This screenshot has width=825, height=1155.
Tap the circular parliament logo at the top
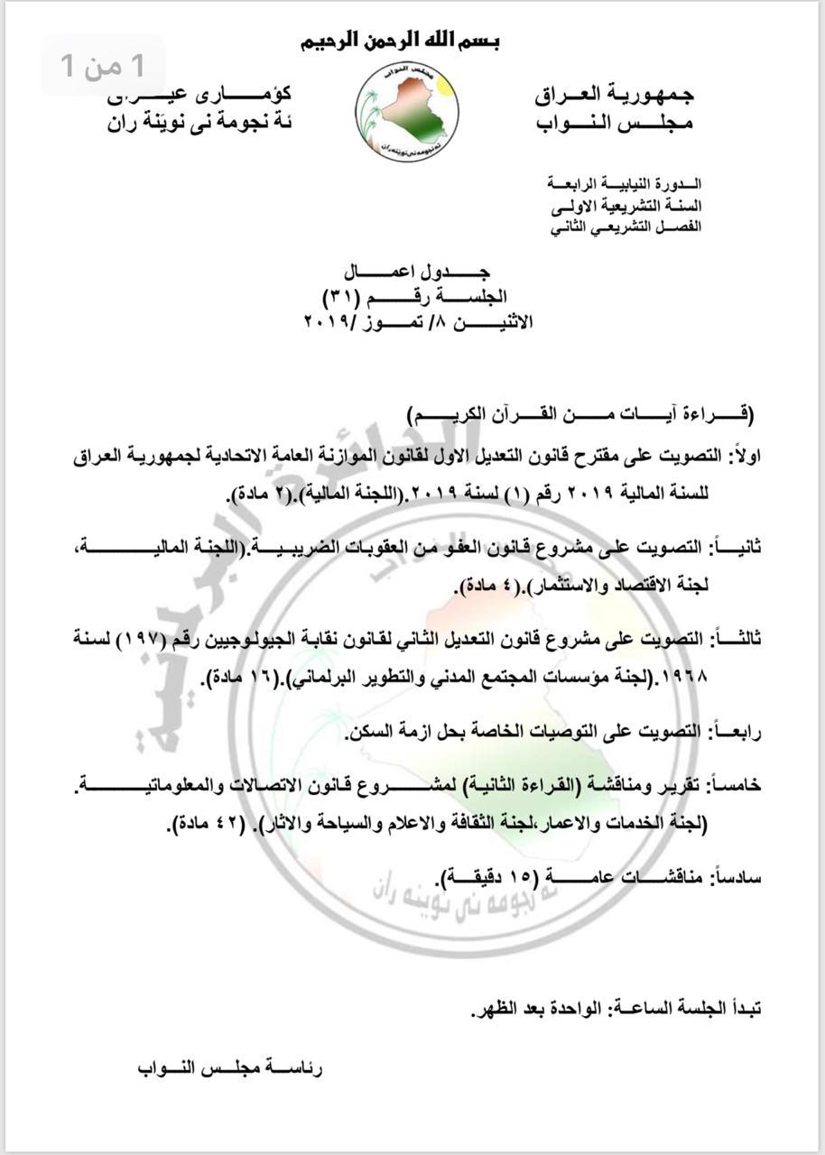(407, 110)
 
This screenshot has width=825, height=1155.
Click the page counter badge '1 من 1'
(102, 65)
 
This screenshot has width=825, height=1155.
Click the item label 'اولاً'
(745, 457)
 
